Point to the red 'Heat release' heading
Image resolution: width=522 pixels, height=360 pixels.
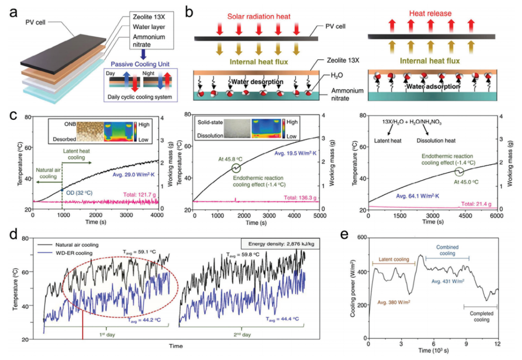tap(423, 16)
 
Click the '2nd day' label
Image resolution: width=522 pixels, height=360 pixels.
tap(245, 334)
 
